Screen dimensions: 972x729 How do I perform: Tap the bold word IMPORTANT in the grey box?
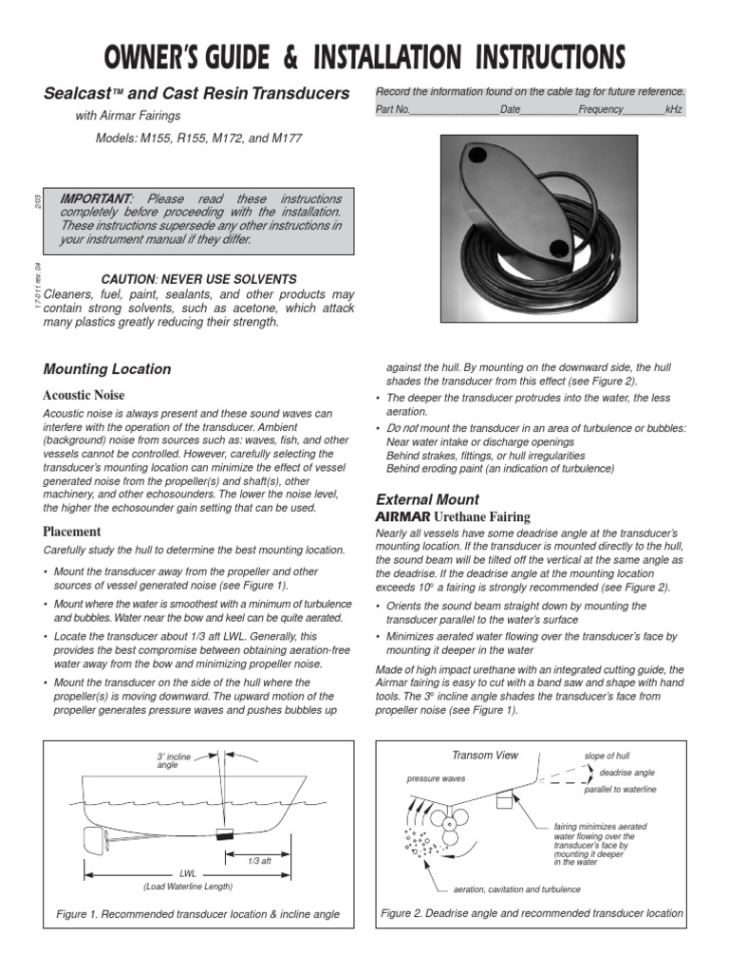95,199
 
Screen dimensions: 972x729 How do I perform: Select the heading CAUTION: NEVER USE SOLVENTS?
198,279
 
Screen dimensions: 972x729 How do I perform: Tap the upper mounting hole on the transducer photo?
477,158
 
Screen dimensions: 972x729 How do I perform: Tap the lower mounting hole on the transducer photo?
560,249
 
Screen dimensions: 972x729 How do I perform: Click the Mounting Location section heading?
107,369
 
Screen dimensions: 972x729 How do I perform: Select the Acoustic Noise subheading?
84,395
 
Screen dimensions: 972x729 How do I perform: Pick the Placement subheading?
72,532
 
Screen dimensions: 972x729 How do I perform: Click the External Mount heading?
427,499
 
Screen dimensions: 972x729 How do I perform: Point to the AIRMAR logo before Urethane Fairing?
403,516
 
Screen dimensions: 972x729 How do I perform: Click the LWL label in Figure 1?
187,872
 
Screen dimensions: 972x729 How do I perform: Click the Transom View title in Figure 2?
485,756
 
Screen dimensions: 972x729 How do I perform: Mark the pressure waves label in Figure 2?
436,778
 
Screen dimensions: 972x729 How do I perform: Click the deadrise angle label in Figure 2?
626,773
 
